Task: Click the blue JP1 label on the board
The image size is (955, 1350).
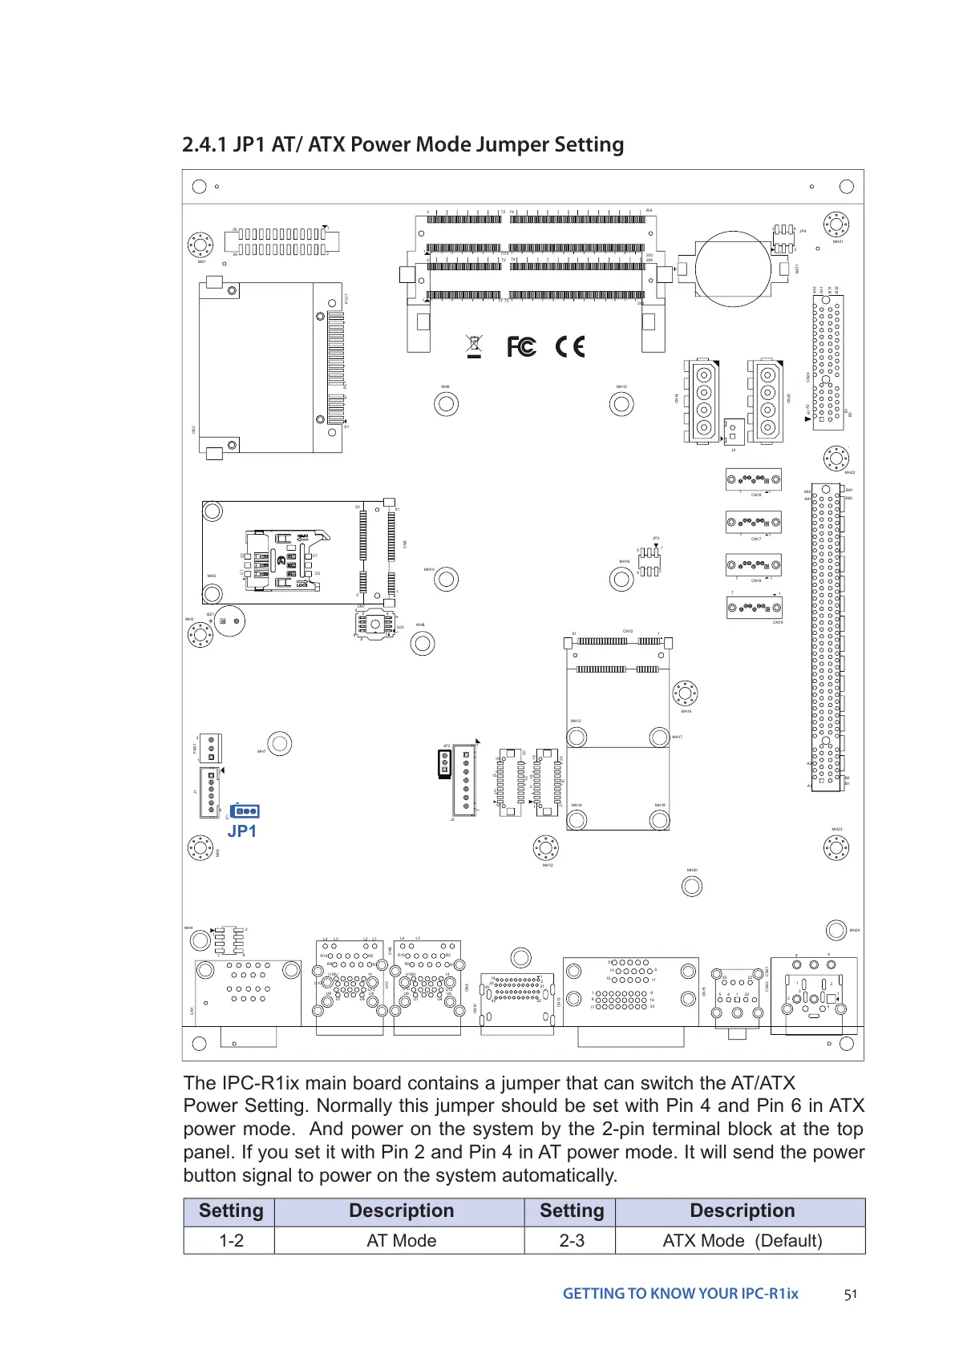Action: pos(241,831)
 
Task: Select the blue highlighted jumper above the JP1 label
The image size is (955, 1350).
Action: pos(245,811)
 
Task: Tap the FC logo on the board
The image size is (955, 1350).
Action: pos(521,346)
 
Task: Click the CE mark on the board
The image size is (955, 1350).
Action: pos(570,346)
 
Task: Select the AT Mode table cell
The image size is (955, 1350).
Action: pos(401,1240)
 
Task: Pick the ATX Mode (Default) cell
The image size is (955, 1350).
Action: pos(742,1240)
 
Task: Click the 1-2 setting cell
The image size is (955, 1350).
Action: pos(231,1240)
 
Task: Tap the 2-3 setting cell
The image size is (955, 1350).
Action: pos(571,1240)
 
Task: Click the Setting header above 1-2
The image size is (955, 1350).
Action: pos(231,1211)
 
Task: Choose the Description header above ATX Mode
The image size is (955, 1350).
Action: pos(742,1211)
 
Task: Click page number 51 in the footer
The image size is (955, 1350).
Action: pos(851,1294)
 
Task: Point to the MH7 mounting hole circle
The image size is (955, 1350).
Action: pos(280,743)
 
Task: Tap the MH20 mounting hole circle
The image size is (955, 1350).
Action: pos(691,886)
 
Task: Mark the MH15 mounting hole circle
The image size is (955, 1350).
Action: pos(621,403)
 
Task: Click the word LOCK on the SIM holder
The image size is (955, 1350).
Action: pos(301,585)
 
